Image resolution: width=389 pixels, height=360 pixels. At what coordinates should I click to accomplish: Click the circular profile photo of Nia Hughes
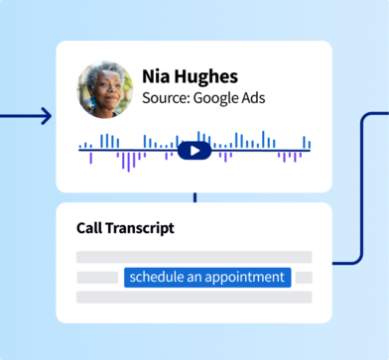click(105, 91)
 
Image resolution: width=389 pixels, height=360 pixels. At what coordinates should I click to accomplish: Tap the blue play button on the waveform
click(194, 151)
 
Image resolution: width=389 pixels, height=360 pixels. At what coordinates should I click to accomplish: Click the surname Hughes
click(210, 76)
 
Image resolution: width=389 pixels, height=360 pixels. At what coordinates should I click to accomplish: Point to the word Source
click(166, 98)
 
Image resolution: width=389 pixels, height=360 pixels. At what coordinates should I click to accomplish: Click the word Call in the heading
click(89, 228)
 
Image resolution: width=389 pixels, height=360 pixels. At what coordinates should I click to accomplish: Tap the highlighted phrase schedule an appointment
click(207, 277)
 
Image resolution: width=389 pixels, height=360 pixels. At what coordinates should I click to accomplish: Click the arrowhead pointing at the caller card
click(44, 117)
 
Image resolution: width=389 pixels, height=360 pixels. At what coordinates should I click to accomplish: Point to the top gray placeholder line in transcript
click(194, 257)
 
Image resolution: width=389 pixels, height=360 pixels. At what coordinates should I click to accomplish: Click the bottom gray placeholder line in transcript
click(194, 298)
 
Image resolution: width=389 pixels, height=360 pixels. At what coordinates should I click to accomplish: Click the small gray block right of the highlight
click(304, 277)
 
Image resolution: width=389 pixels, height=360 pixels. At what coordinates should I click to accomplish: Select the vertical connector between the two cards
click(194, 197)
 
